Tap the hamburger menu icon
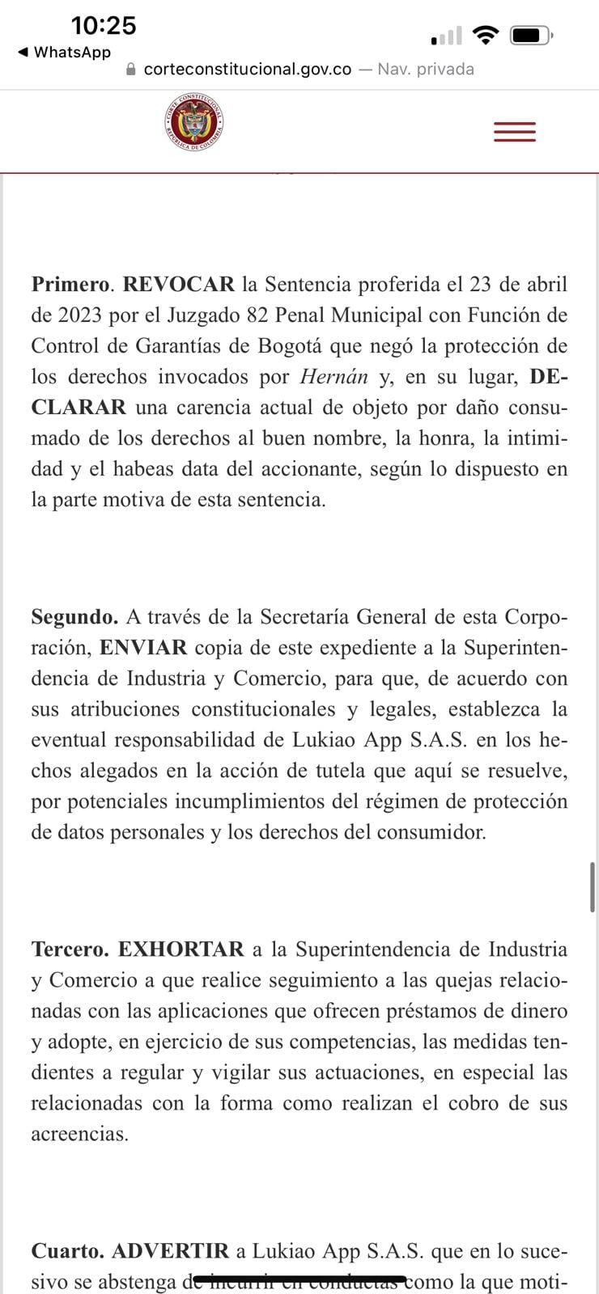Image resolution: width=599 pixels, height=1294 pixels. pyautogui.click(x=515, y=132)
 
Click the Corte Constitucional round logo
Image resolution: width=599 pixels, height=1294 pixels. pyautogui.click(x=193, y=124)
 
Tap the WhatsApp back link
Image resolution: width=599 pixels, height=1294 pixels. pyautogui.click(x=64, y=53)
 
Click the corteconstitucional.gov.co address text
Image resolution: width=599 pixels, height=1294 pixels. pyautogui.click(x=247, y=70)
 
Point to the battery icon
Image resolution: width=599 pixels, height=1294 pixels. pyautogui.click(x=531, y=36)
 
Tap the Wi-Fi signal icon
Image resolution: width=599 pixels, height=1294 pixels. pyautogui.click(x=486, y=36)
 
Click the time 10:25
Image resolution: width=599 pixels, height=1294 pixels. pyautogui.click(x=104, y=26)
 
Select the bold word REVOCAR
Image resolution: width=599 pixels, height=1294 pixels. pyautogui.click(x=178, y=285)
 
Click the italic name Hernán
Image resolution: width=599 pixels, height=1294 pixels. pyautogui.click(x=333, y=377)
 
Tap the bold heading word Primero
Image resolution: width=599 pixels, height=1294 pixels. pyautogui.click(x=70, y=285)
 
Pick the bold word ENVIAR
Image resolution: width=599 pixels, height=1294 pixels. pyautogui.click(x=143, y=648)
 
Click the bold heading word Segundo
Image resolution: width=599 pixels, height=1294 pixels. pyautogui.click(x=74, y=617)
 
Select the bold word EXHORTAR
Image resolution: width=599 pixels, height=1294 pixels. pyautogui.click(x=181, y=949)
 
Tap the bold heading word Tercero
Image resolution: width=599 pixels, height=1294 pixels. pyautogui.click(x=70, y=949)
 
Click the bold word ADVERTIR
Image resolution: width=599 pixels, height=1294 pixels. pyautogui.click(x=171, y=1251)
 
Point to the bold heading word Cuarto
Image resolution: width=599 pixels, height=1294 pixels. pyautogui.click(x=67, y=1251)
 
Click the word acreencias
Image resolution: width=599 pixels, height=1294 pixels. pyautogui.click(x=79, y=1134)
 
